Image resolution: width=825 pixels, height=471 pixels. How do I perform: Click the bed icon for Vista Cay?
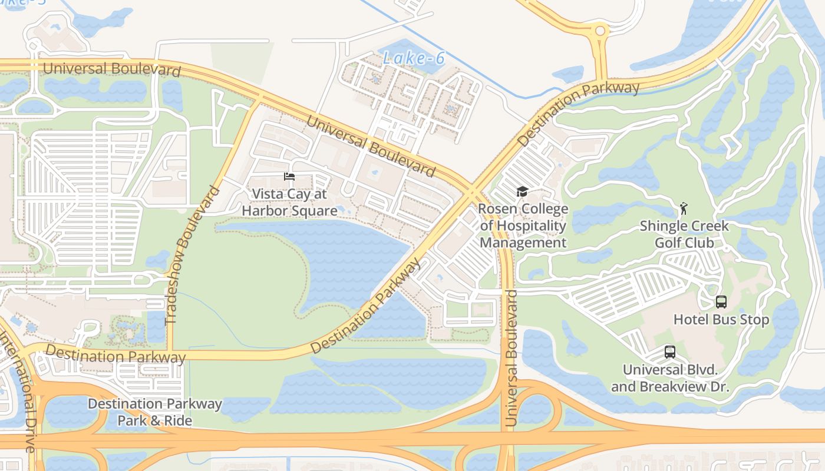pos(289,177)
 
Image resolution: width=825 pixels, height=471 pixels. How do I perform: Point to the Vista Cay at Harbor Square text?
pos(289,202)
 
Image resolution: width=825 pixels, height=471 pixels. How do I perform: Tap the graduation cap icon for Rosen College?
pos(522,191)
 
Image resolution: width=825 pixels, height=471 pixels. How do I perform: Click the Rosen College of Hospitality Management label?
pos(523,226)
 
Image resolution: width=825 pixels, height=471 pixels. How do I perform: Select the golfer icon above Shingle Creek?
pos(684,208)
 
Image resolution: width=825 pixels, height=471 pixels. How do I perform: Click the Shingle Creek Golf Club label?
pos(684,234)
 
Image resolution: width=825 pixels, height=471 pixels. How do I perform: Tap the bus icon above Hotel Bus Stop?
pos(721,302)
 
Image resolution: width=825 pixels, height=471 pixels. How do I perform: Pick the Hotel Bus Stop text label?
pos(721,320)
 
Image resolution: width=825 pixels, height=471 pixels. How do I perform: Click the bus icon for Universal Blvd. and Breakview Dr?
pos(670,352)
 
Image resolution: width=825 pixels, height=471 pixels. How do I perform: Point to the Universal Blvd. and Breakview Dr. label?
pos(670,379)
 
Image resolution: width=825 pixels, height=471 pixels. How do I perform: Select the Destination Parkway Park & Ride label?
pos(155,412)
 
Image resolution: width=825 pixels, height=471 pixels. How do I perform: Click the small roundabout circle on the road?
pos(600,31)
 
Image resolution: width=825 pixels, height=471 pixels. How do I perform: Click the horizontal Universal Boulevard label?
pos(112,69)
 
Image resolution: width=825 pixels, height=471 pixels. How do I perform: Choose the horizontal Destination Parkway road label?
pos(115,355)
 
